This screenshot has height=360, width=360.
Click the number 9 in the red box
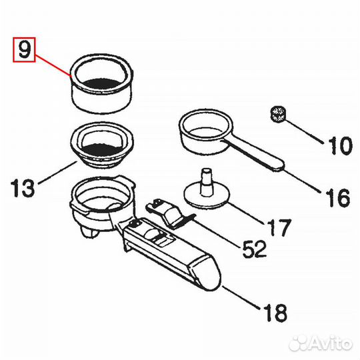(25, 49)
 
